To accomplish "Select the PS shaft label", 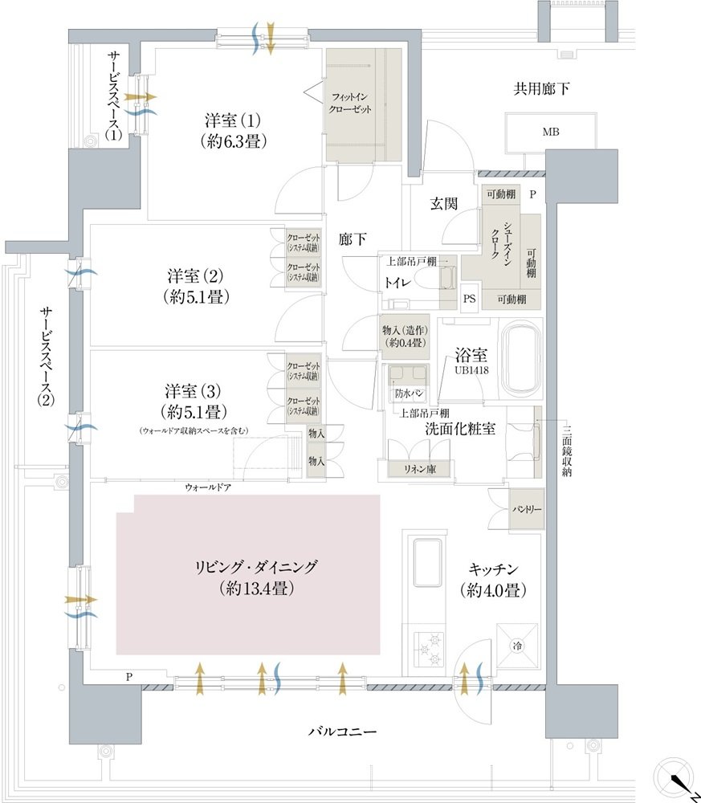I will click(x=469, y=297).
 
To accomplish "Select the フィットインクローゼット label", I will click(x=351, y=103).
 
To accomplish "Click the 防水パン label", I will click(x=409, y=394).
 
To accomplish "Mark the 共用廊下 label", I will click(x=542, y=89).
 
